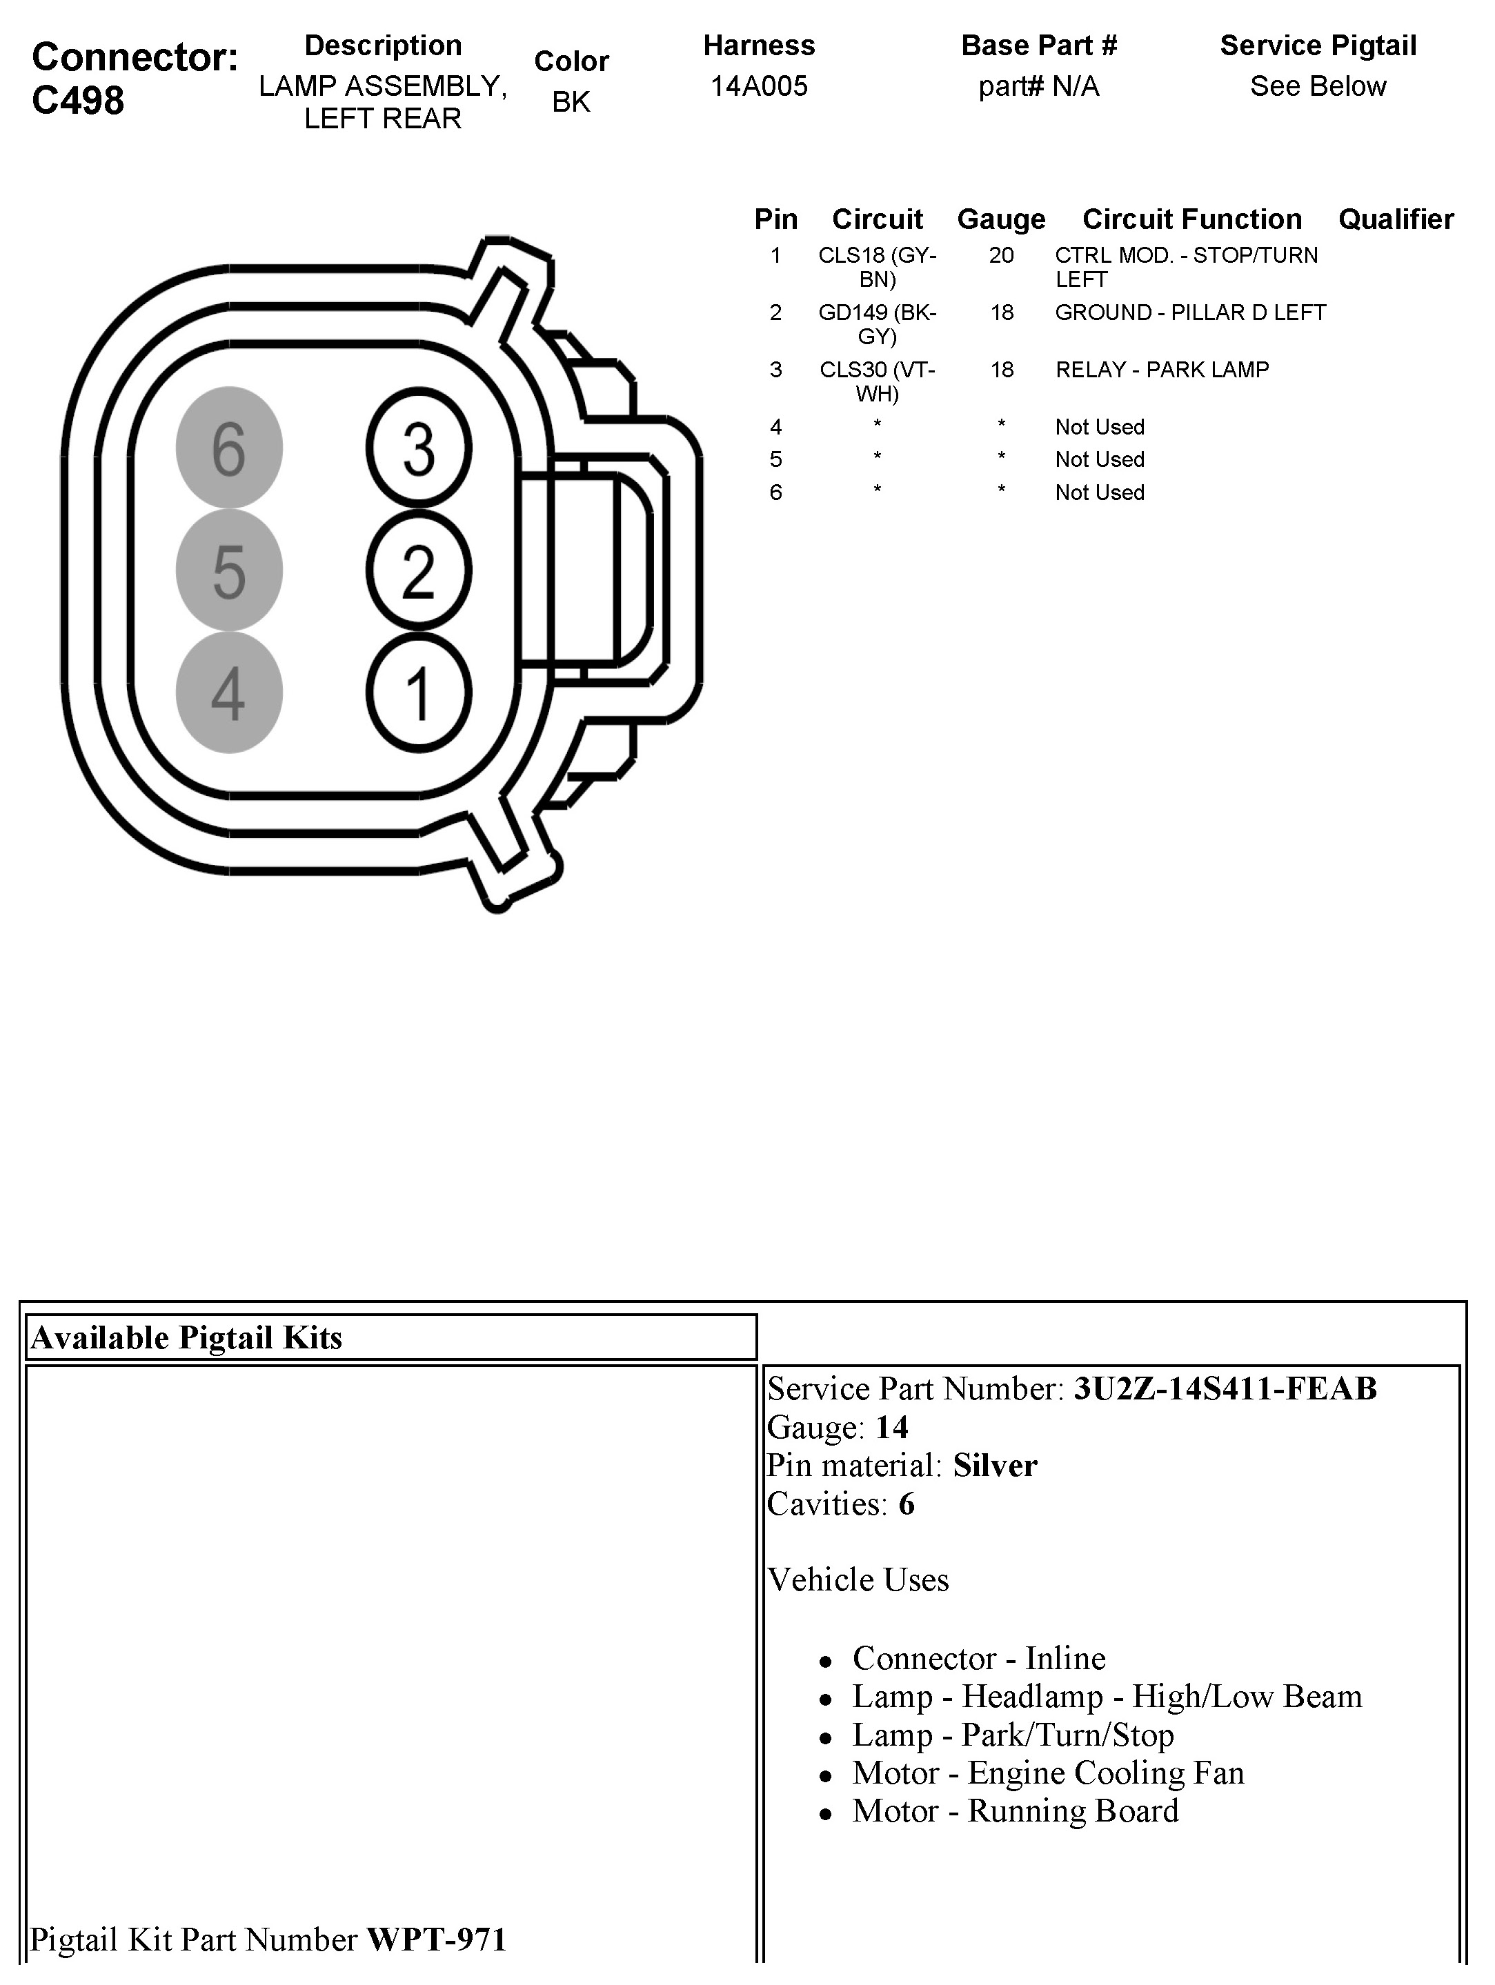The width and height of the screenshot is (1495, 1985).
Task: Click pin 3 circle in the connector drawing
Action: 418,447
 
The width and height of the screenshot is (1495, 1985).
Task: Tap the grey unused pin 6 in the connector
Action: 229,447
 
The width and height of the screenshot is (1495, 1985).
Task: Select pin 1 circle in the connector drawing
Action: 418,692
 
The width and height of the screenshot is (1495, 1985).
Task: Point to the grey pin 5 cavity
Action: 229,570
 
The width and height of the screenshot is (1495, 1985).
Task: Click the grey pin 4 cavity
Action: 229,692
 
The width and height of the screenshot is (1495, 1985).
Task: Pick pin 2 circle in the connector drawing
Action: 418,570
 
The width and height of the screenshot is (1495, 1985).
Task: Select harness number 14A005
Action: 759,86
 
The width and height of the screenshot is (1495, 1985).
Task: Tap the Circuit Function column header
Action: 1191,219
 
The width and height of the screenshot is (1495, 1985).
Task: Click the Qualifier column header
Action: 1396,219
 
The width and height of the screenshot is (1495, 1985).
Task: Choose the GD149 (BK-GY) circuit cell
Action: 877,324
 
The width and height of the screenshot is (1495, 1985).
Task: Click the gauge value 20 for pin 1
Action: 1002,256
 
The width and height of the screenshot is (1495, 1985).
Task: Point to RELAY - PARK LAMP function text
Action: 1162,370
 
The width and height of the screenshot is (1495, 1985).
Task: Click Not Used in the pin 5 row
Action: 1099,459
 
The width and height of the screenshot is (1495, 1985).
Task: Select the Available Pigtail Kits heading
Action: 187,1338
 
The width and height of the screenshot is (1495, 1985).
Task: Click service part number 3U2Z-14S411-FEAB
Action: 1225,1389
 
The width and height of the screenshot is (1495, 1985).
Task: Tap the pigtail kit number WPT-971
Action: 437,1939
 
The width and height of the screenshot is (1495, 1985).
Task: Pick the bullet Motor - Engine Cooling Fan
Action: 1048,1773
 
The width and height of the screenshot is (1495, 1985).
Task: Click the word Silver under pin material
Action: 994,1466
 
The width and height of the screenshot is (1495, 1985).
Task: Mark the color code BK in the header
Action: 571,102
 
